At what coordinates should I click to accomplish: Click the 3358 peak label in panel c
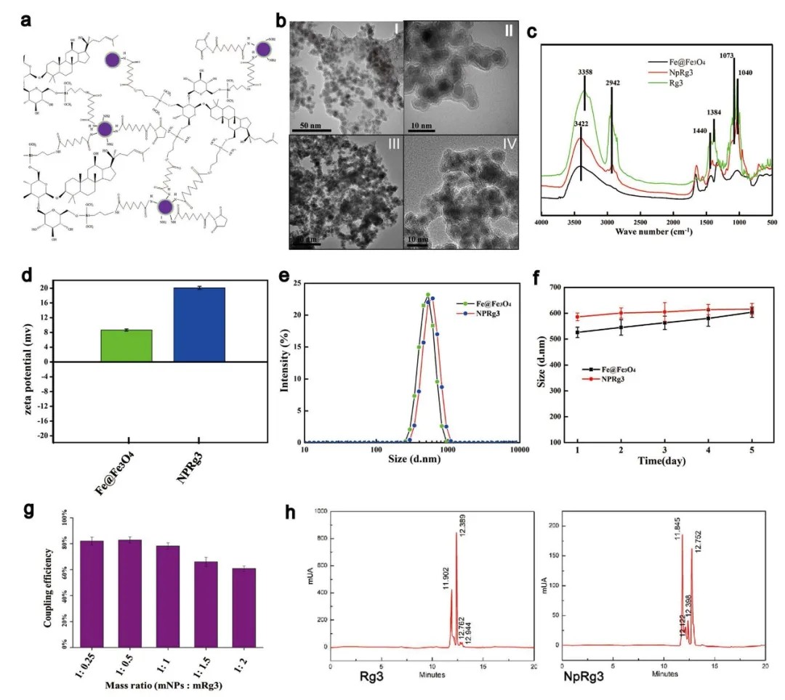pos(584,73)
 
